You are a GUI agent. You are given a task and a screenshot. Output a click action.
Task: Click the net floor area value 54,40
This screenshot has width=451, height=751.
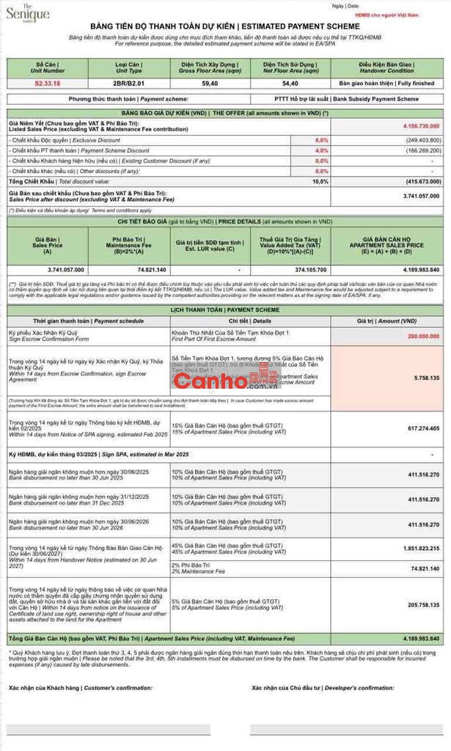click(289, 84)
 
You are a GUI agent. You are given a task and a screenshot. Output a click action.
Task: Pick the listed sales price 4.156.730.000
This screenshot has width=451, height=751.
click(421, 126)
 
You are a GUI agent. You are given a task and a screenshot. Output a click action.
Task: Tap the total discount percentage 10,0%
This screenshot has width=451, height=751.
click(320, 180)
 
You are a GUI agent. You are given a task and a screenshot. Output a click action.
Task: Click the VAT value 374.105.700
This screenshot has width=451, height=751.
click(290, 270)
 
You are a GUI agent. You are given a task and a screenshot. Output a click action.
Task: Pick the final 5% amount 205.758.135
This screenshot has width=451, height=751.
click(422, 605)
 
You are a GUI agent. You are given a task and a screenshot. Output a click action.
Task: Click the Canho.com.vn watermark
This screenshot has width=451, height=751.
click(221, 381)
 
